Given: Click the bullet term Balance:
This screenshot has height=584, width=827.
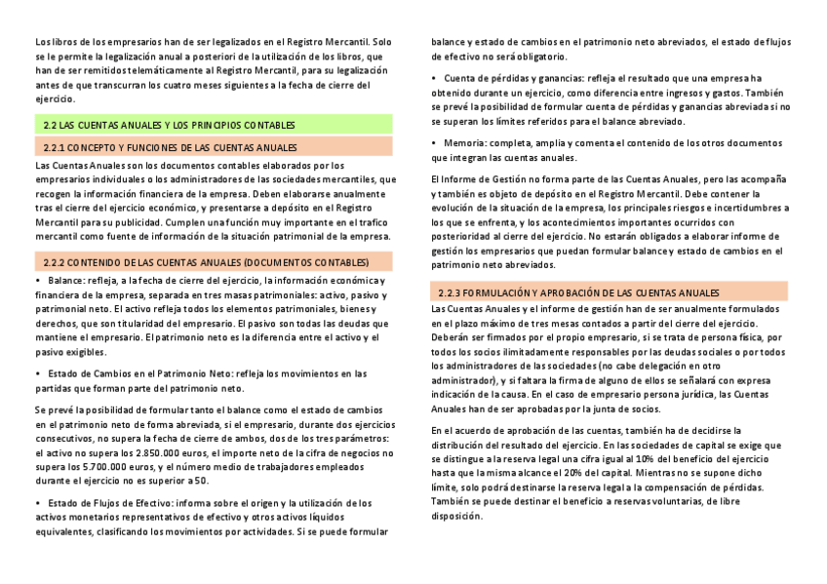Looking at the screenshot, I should [x=66, y=281].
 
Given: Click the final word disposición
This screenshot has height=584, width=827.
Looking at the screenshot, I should [x=457, y=516].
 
